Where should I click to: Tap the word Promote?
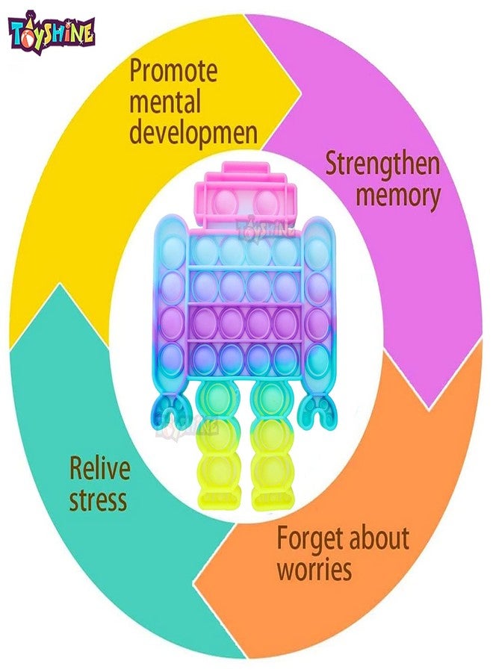coord(173,71)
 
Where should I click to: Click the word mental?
coord(165,102)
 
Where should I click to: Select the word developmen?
coord(193,134)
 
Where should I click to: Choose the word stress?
coord(98,500)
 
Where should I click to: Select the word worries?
coord(314,569)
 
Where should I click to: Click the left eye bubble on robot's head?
coord(226,204)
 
